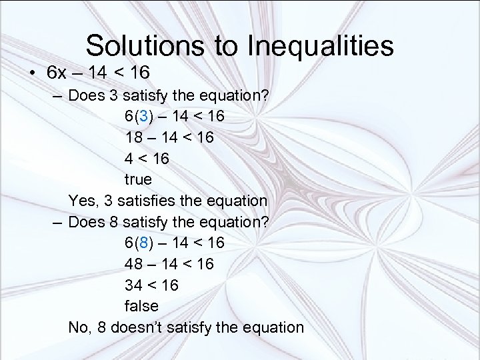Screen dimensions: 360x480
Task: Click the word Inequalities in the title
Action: [320, 46]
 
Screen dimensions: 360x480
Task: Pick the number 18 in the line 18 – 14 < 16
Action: [133, 137]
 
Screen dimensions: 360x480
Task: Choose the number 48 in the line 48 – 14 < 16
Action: [133, 264]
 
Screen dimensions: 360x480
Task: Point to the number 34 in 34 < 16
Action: [133, 285]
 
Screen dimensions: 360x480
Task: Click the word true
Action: [138, 180]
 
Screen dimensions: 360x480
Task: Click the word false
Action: [141, 306]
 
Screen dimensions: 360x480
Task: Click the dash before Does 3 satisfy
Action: [58, 95]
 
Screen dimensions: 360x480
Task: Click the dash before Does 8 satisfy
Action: [58, 222]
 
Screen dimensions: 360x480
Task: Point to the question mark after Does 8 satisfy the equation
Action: [266, 221]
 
